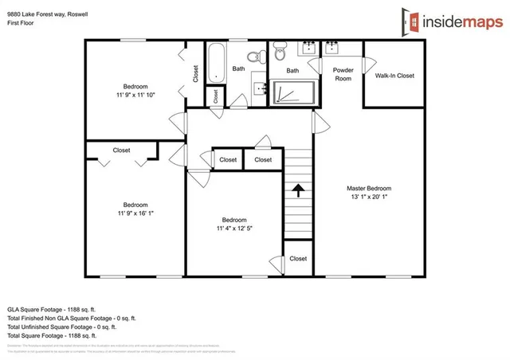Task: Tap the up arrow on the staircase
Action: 299,190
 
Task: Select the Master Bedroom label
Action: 368,188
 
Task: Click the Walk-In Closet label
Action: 394,76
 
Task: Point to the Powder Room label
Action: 343,74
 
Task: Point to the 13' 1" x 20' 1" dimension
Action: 368,197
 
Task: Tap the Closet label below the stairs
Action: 298,258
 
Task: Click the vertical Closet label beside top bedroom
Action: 195,72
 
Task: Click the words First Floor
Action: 22,22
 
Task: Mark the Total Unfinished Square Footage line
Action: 62,326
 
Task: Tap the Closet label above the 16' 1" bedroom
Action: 122,150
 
